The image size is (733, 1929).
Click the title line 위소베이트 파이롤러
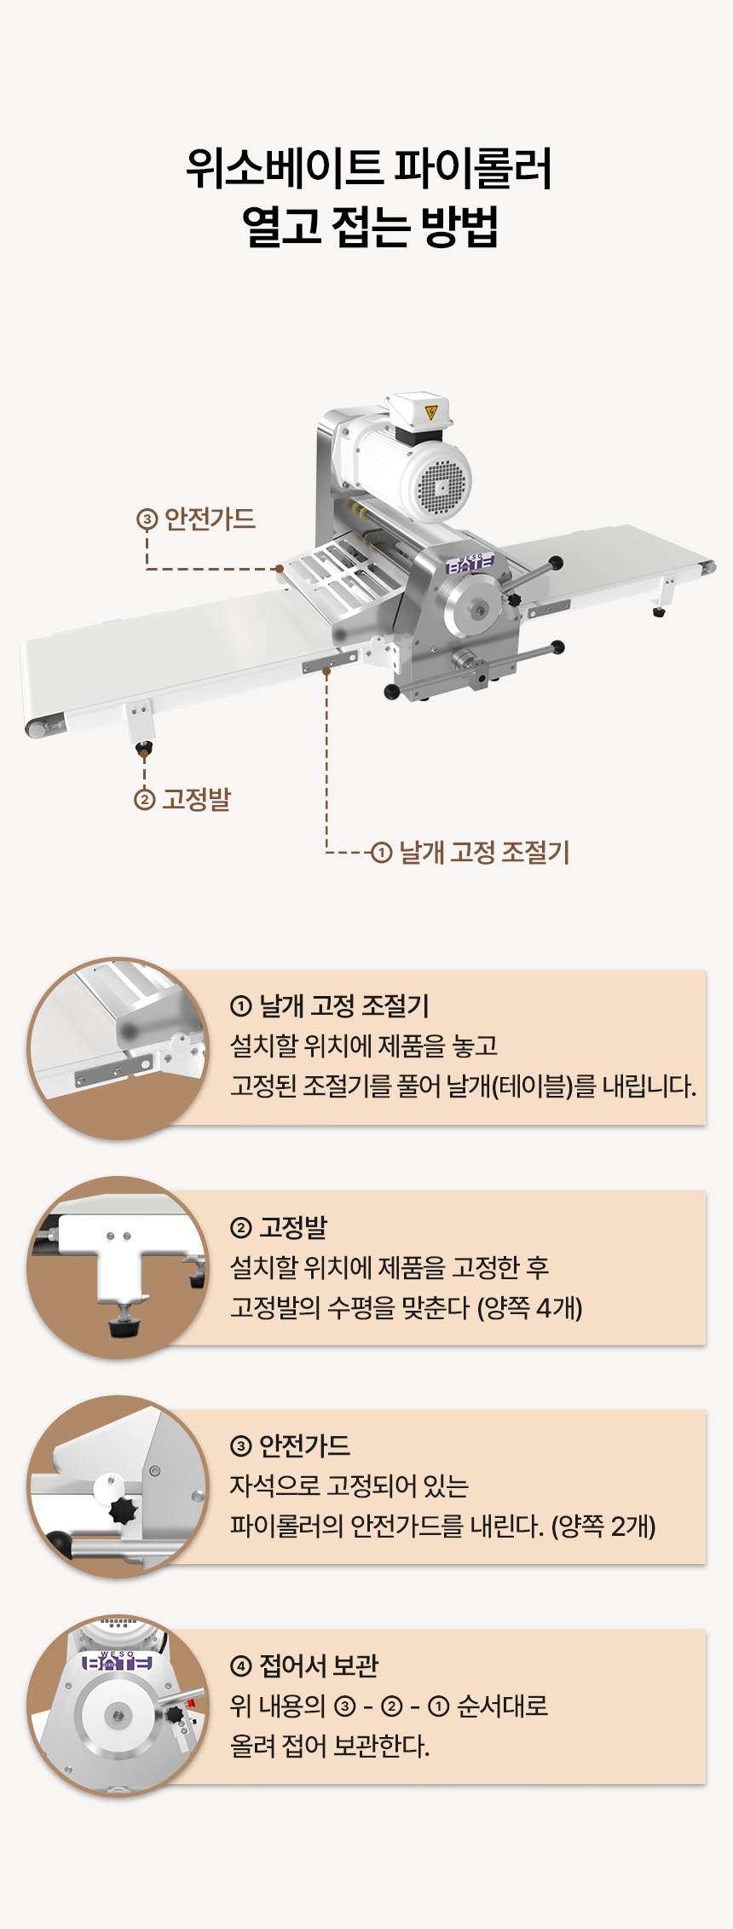coord(369,168)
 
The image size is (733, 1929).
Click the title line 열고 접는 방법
coord(369,226)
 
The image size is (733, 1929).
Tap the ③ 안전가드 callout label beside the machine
coord(196,518)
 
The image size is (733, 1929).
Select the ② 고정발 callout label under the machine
coord(182,799)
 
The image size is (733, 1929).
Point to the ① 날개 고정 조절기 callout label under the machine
coord(470,852)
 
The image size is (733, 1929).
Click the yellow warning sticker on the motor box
coord(431,413)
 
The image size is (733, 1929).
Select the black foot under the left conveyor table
coord(143,750)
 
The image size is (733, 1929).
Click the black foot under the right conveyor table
coord(659,611)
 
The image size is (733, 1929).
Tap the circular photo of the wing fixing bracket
coord(118,1048)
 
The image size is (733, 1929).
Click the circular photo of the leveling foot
coord(118,1268)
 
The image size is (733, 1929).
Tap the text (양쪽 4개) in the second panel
coord(530,1307)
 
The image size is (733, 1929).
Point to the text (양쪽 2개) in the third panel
coord(603,1526)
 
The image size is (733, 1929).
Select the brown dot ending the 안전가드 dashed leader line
coord(279,568)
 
